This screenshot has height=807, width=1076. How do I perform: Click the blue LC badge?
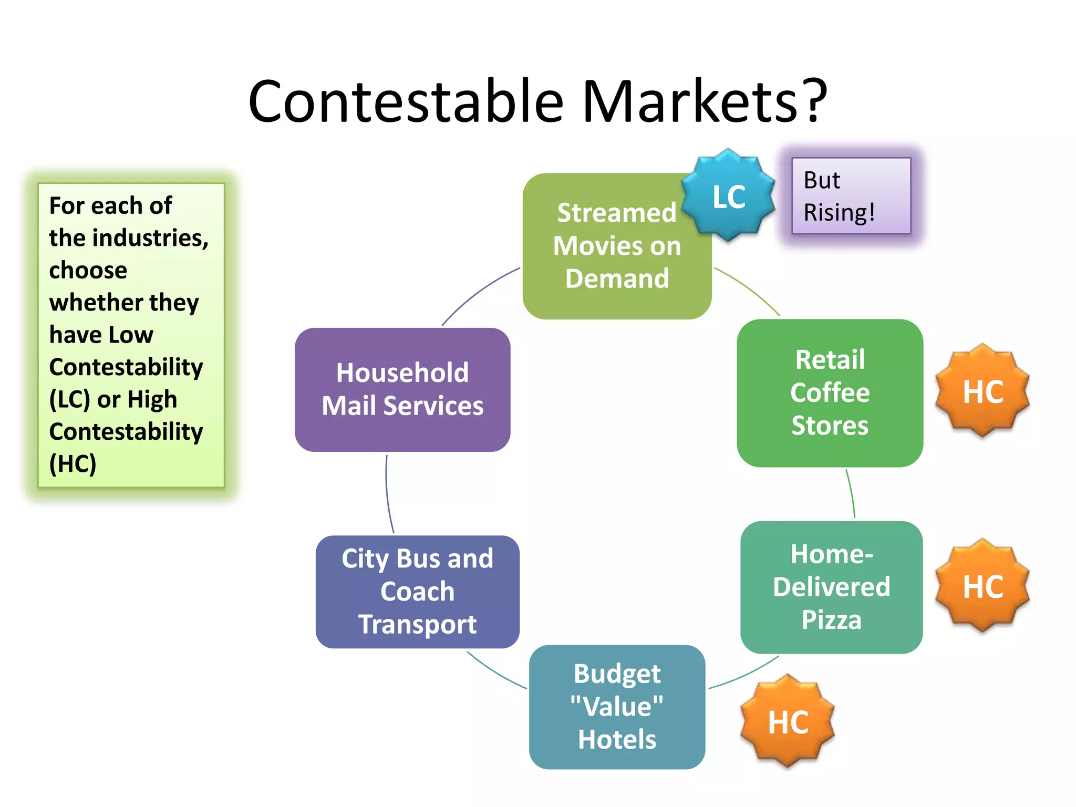point(728,196)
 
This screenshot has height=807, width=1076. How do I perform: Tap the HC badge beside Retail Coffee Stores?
point(982,391)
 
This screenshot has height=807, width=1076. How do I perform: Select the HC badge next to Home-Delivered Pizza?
point(982,586)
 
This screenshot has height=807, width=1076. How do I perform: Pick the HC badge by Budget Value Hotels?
point(788,722)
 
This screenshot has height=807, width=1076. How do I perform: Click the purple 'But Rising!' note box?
point(851,196)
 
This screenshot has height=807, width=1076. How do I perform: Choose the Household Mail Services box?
point(402,389)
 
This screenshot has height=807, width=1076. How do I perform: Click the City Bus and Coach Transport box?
point(417,592)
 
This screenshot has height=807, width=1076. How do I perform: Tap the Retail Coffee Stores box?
point(830,392)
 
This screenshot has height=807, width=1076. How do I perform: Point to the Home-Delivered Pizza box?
point(831,587)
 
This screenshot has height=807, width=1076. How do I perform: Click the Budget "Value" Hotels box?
point(617,707)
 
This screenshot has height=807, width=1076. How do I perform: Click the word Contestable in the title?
point(406,101)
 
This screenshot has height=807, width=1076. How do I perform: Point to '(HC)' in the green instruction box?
point(73,464)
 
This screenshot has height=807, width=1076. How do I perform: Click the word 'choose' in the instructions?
point(88,271)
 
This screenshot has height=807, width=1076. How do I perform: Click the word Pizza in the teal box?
point(831,620)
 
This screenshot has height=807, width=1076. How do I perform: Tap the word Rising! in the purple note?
point(839,213)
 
